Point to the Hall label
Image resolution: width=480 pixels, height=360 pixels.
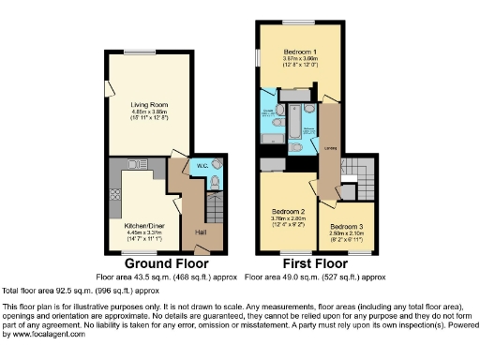pos(201,231)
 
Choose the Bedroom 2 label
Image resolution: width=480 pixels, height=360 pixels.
pos(287,212)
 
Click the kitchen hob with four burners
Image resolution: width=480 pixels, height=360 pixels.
pos(117,197)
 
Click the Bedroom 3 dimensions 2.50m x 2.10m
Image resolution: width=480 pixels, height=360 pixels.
pos(348,234)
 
